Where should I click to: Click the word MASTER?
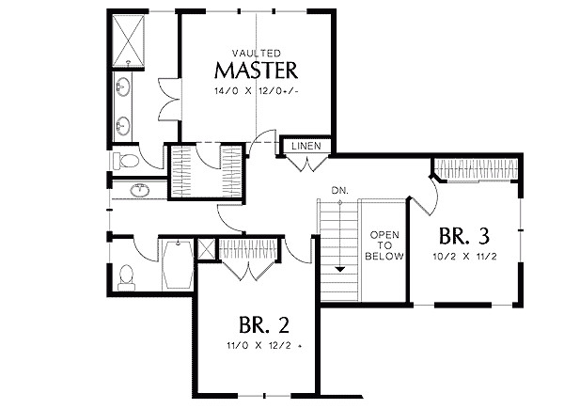click(x=257, y=70)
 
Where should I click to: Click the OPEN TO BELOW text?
click(x=385, y=244)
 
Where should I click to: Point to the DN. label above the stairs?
click(x=339, y=192)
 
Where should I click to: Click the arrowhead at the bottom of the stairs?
click(x=339, y=269)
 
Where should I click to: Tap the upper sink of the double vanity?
click(x=124, y=90)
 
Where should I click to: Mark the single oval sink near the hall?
click(x=141, y=191)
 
